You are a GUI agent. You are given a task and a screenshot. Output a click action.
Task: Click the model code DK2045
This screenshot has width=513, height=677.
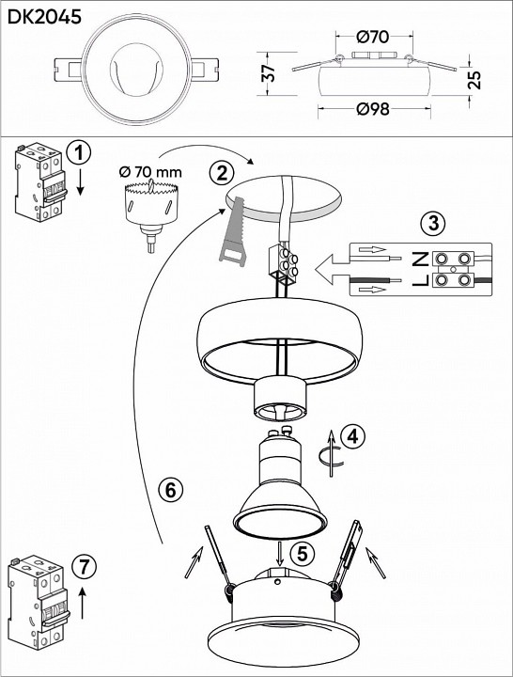tap(44, 17)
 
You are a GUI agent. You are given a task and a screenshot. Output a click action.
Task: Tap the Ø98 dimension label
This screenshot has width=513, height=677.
tap(373, 109)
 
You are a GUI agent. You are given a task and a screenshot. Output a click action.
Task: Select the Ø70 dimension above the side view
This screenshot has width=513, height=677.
tap(373, 37)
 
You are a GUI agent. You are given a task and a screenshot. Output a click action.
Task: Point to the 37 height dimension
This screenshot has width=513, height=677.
tap(270, 73)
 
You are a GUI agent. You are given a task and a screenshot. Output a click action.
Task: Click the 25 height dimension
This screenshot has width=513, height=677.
tap(474, 79)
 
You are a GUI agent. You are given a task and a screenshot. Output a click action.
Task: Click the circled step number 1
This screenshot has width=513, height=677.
tap(79, 154)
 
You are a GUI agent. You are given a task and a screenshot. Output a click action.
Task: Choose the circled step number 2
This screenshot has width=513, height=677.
tap(222, 174)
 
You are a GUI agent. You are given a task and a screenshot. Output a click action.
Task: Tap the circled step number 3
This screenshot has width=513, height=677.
tap(433, 223)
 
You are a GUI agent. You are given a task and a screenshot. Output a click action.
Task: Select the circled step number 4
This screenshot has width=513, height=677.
tap(352, 436)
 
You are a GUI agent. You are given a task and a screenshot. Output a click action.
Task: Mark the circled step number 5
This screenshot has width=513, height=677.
tap(302, 553)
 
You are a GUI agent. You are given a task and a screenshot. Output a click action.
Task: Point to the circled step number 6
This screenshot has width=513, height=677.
tap(170, 490)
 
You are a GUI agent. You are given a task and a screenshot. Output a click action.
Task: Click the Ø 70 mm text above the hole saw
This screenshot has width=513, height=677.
tap(150, 172)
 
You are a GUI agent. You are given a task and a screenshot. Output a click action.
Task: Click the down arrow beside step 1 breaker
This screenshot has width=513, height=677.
tap(80, 181)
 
